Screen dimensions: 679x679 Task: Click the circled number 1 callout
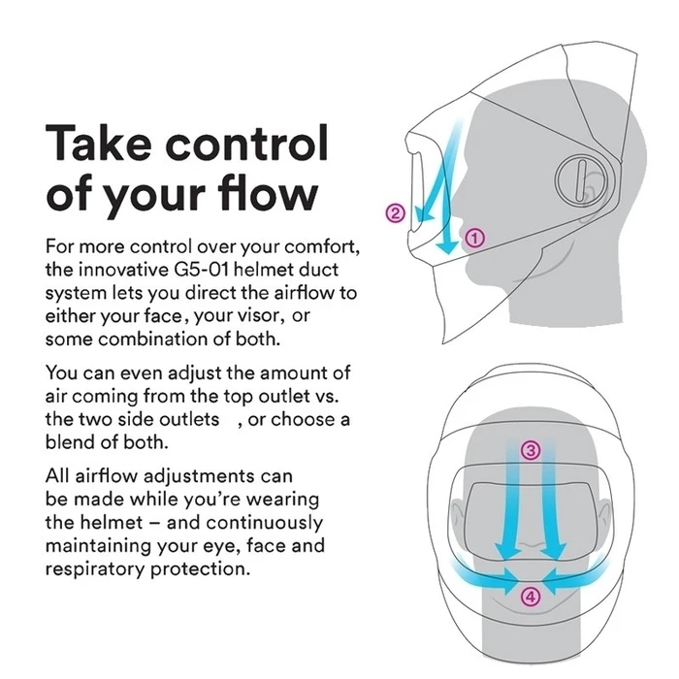click(x=475, y=239)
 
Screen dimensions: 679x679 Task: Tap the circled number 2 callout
click(x=395, y=213)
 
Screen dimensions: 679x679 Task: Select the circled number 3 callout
click(x=531, y=450)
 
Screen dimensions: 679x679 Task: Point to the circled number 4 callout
click(x=531, y=598)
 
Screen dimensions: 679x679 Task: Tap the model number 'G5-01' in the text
click(x=202, y=270)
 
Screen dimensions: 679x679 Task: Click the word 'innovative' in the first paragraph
click(x=124, y=270)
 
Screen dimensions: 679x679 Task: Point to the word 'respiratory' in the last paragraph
click(x=96, y=569)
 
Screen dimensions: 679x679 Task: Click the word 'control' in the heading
click(x=247, y=143)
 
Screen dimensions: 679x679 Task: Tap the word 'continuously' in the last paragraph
click(x=265, y=523)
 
